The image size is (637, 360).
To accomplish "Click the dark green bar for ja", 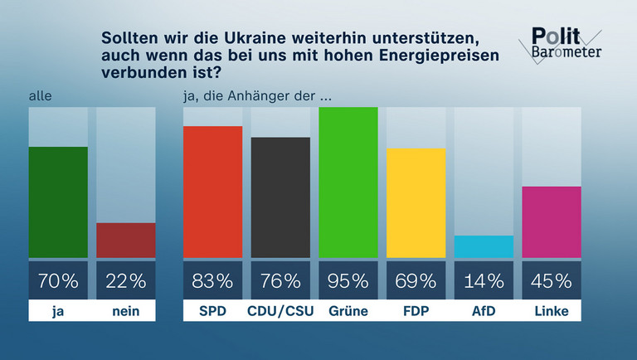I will click(x=58, y=202).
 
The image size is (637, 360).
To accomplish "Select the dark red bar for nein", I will click(x=126, y=240).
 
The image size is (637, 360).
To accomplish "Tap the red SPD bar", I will click(x=212, y=192).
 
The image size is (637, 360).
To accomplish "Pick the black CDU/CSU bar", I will click(x=280, y=197).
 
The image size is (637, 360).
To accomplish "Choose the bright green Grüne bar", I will click(x=348, y=182).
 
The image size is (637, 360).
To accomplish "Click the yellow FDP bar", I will click(x=416, y=203).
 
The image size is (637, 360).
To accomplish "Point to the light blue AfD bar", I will click(x=484, y=246).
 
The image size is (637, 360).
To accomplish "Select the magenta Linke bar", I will click(x=552, y=221).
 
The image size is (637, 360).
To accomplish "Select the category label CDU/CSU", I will click(x=280, y=311).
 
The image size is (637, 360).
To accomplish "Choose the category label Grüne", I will click(x=348, y=311).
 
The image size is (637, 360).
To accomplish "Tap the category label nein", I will click(x=126, y=311).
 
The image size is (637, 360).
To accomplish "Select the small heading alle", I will click(x=39, y=96).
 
